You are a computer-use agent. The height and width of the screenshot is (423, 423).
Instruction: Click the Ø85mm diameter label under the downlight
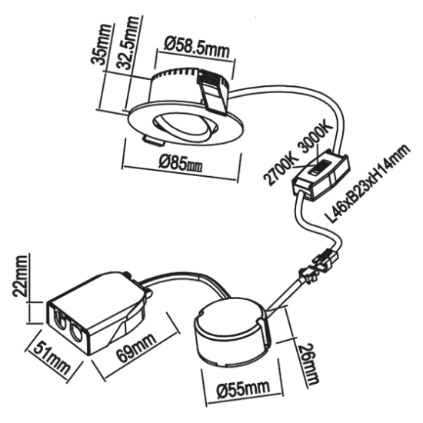182,164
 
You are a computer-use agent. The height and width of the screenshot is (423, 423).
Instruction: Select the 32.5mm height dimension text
118,62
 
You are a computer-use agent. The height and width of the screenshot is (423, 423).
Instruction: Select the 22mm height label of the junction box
23,275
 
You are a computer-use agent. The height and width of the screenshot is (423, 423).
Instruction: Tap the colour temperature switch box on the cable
321,174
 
